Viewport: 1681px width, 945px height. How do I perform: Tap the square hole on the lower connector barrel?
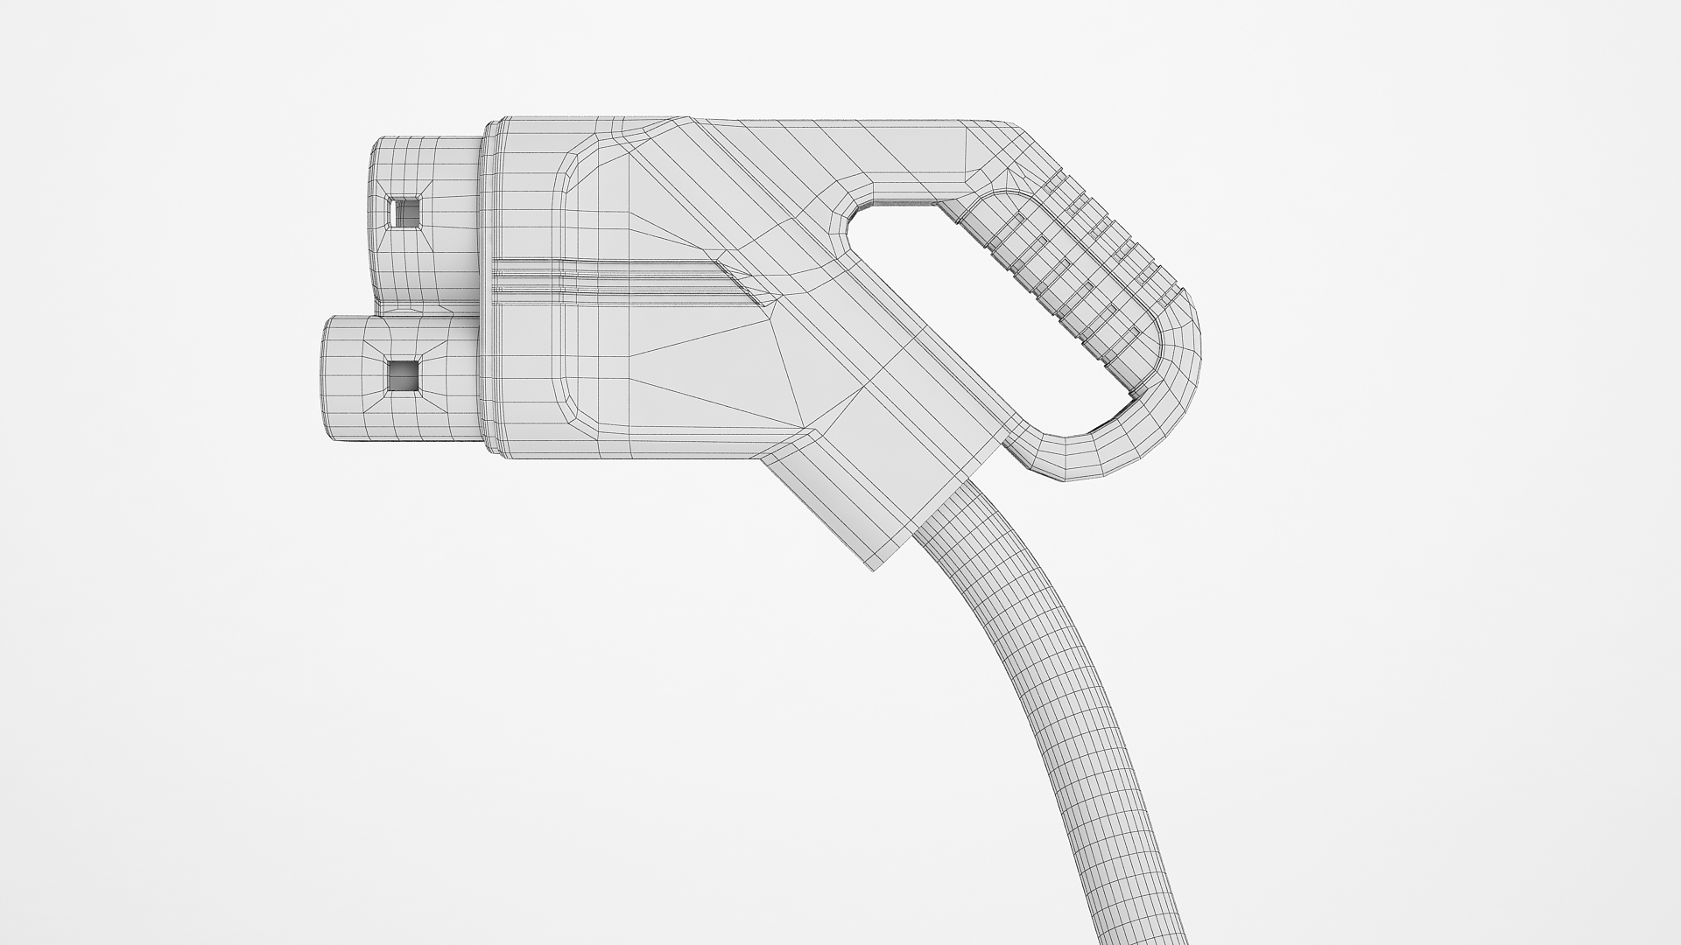404,375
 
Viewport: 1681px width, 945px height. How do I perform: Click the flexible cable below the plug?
1051,700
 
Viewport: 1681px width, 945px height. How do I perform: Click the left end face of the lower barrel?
326,381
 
